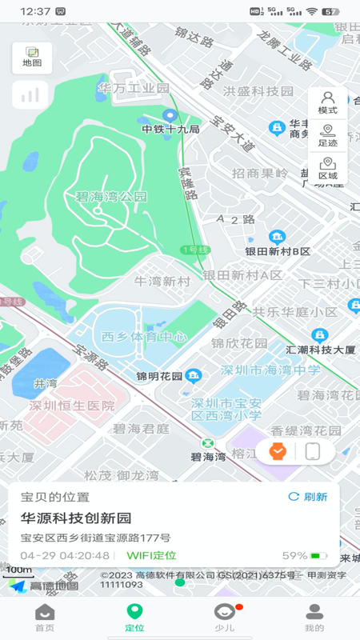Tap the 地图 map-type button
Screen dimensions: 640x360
click(32, 58)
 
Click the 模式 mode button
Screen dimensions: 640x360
click(327, 103)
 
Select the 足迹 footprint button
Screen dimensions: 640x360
click(327, 136)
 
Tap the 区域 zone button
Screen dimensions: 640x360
click(327, 169)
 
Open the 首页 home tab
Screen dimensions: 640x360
click(45, 618)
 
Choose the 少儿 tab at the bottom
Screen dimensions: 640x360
click(225, 618)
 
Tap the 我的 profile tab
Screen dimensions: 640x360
click(314, 618)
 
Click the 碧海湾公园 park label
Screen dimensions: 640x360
click(111, 197)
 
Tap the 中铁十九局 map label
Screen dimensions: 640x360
click(170, 129)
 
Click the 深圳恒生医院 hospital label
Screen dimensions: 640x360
click(72, 406)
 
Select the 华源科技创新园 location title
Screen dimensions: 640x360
click(76, 518)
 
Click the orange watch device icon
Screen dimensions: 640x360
click(278, 451)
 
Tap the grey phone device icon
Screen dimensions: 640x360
click(312, 451)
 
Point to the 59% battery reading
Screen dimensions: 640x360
click(294, 555)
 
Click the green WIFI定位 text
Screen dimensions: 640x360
click(151, 555)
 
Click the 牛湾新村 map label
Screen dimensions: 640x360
click(162, 281)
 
